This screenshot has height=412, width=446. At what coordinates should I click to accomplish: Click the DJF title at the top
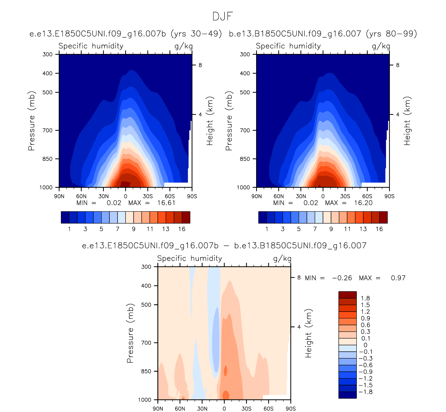pos(222,16)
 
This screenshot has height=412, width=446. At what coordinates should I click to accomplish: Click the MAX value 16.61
pos(166,203)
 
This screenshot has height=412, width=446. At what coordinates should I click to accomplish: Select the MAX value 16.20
pos(363,203)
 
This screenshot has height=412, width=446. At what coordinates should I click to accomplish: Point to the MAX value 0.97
pos(398,278)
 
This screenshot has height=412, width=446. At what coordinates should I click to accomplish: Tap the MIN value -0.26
pos(342,278)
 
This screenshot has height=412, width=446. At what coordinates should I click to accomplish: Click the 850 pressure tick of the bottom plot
pos(146,371)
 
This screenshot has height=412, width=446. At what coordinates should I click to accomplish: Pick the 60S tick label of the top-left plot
pos(170,196)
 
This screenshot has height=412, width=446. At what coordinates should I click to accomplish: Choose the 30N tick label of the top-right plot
pos(301,196)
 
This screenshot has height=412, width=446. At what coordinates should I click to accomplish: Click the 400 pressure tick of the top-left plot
pos(47,73)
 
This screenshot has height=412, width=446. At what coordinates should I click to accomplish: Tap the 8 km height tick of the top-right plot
pos(397,65)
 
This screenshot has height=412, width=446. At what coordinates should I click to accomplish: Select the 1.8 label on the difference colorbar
pos(365,298)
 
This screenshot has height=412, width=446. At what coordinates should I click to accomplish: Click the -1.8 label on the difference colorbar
pos(366,392)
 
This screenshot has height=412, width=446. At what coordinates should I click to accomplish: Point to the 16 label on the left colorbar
pos(182,229)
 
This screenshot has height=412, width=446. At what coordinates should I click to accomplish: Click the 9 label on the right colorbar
pos(331,229)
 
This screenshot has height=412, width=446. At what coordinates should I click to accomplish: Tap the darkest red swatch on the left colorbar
pos(186,217)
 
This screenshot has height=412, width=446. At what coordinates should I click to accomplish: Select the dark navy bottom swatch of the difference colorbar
pos(347,395)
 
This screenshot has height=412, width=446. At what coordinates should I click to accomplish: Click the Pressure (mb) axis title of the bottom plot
pos(130,333)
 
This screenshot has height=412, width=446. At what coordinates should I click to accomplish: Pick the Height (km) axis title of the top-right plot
pos(407,121)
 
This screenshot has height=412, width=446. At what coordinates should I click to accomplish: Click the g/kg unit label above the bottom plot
pos(282,259)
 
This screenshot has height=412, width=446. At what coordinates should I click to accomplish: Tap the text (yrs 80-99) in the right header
pos(391,34)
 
